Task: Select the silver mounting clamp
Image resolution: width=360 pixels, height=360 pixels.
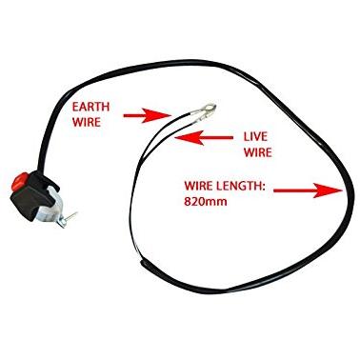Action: click(50, 206)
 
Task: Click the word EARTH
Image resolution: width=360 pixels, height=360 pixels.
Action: click(90, 107)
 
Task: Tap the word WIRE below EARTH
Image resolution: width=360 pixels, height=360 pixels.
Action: click(87, 122)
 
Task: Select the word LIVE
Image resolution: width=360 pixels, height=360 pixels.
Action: click(255, 137)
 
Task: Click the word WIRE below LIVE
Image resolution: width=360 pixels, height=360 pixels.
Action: click(257, 152)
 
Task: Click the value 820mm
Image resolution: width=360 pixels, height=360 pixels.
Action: click(206, 201)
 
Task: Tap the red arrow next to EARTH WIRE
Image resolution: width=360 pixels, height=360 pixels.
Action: click(147, 115)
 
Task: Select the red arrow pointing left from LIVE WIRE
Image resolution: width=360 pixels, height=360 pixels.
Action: click(204, 138)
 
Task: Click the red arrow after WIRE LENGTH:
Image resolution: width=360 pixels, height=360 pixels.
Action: click(308, 190)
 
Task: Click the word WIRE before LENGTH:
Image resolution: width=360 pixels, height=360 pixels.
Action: click(198, 186)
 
